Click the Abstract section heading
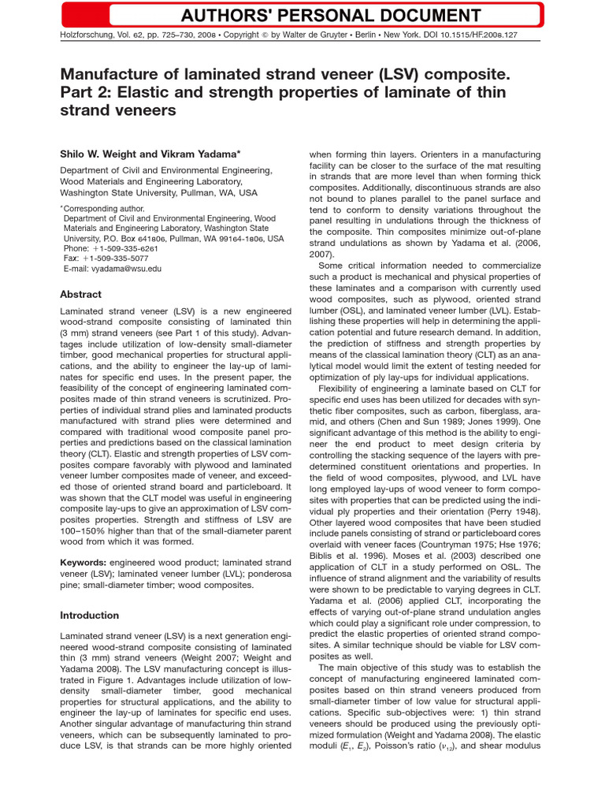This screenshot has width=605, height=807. (80, 294)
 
